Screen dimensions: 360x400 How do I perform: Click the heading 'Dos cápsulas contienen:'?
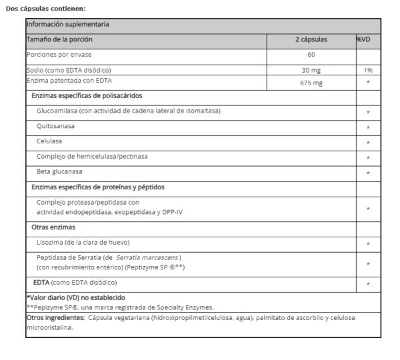coord(45,8)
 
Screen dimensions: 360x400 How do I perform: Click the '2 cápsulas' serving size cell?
coord(311,40)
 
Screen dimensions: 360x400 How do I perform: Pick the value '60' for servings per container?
coord(311,55)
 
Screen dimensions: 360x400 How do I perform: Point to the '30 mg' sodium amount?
coord(311,69)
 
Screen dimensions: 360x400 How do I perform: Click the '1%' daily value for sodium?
coord(368,69)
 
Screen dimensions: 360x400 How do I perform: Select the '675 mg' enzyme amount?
coord(311,83)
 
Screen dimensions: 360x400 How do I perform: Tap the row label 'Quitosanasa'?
coord(56,126)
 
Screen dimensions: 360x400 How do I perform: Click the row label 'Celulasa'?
coord(50,141)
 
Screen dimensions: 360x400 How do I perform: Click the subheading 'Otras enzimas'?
coord(54,227)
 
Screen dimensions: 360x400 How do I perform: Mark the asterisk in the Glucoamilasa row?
coord(368,112)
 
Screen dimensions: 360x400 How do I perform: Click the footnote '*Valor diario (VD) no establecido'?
coord(75,297)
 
